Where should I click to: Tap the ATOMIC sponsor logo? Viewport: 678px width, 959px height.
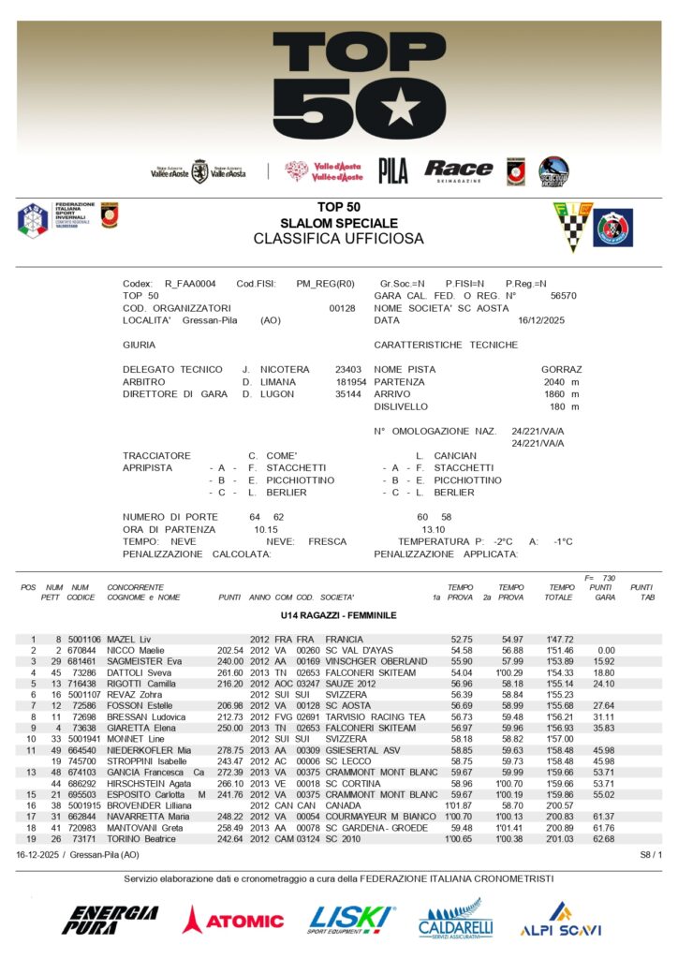pos(233,920)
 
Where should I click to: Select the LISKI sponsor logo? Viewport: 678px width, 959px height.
pos(351,919)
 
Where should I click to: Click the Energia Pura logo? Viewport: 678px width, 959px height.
pos(110,920)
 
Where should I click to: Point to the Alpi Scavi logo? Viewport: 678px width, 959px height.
pos(561,920)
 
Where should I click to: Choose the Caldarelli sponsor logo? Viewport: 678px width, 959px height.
pos(456,920)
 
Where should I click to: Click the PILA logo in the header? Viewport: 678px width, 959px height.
pos(393,170)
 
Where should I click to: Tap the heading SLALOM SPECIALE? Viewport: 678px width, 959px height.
pos(339,223)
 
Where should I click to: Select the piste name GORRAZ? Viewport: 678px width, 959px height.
pos(561,370)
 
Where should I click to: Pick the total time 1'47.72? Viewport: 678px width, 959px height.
pos(562,639)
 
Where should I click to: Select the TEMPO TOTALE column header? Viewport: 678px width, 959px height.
pos(562,592)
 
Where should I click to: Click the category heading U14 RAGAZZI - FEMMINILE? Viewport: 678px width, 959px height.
pos(339,615)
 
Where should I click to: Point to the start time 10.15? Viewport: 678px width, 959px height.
pos(266,529)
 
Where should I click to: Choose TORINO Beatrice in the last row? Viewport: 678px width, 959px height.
pos(140,838)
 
